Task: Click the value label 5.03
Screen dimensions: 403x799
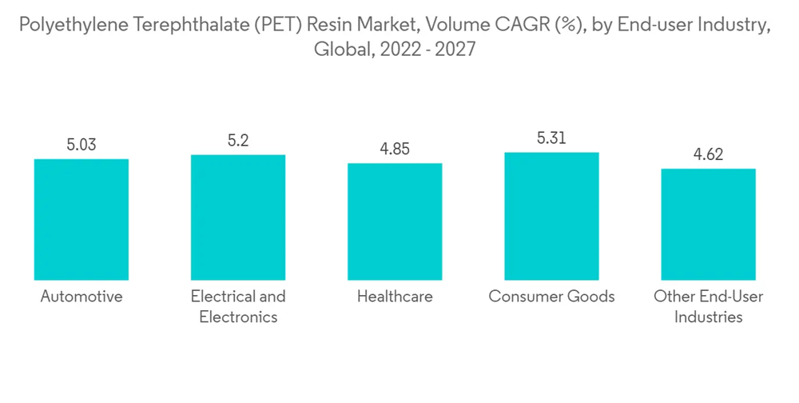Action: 81,145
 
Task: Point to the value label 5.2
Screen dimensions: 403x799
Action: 238,141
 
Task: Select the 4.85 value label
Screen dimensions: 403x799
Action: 395,150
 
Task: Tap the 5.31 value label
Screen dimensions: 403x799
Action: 551,138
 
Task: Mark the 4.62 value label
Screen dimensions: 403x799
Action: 708,154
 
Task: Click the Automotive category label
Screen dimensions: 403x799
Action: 81,297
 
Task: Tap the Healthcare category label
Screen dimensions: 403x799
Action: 395,297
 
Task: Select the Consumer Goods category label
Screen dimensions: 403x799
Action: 551,297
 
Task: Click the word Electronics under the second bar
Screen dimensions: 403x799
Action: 238,317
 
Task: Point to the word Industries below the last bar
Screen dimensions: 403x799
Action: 708,317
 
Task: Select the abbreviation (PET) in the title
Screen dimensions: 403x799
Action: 265,26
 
